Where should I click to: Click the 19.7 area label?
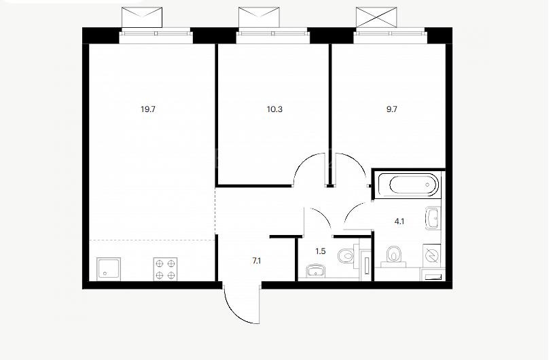148,109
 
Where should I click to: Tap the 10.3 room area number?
274,109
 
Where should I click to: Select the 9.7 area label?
392,109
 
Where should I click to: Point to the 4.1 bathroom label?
399,221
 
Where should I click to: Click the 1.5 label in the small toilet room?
320,251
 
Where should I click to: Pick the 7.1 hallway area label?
256,261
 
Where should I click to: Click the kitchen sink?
109,269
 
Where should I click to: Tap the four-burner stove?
165,269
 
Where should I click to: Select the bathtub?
408,185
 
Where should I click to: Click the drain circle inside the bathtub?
428,185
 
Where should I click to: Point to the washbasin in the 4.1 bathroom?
433,218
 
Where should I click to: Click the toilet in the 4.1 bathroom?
393,255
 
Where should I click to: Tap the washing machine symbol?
431,255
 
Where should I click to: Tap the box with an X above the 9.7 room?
376,17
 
